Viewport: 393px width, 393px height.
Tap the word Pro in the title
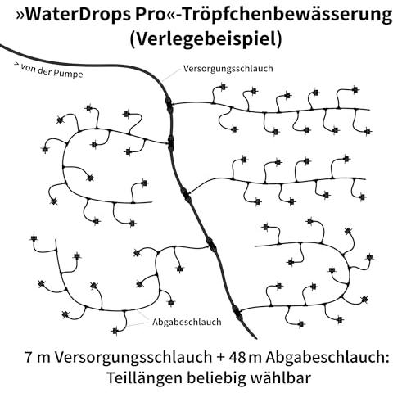[150, 15]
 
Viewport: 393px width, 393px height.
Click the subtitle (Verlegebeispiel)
[206, 38]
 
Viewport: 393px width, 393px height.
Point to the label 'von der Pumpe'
[52, 71]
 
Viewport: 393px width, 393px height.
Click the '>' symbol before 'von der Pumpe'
[16, 65]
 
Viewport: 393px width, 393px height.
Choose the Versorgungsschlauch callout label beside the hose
[228, 68]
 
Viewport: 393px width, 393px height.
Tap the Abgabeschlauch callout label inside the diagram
[187, 322]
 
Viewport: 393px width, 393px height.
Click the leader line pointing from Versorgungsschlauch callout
[170, 75]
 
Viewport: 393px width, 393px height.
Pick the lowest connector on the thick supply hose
[237, 313]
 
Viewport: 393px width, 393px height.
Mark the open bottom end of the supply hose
[255, 338]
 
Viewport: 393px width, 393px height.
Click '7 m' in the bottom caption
[38, 357]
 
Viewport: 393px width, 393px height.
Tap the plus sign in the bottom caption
[220, 358]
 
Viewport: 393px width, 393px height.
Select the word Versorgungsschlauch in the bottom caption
[133, 358]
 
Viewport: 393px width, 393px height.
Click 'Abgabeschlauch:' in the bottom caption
[327, 358]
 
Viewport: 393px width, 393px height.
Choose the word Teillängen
[144, 378]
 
